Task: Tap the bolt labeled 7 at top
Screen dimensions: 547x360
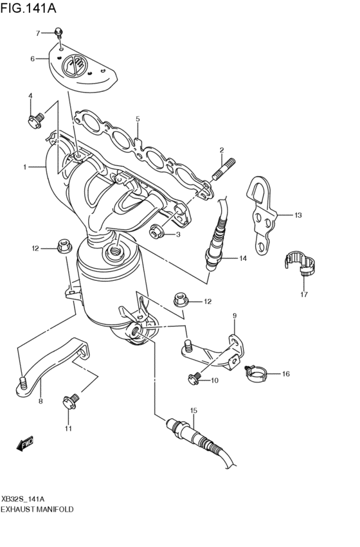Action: click(59, 31)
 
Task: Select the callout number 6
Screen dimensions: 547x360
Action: click(32, 58)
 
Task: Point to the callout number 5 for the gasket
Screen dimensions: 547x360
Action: click(137, 119)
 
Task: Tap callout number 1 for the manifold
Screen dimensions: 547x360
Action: click(24, 167)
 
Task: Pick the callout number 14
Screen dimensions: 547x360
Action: click(243, 258)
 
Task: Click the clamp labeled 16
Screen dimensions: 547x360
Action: click(256, 372)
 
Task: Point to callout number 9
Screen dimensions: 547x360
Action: click(235, 315)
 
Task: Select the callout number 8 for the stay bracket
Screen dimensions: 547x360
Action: click(40, 401)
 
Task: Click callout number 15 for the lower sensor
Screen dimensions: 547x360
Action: click(192, 409)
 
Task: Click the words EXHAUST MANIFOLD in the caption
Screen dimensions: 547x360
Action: click(37, 508)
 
